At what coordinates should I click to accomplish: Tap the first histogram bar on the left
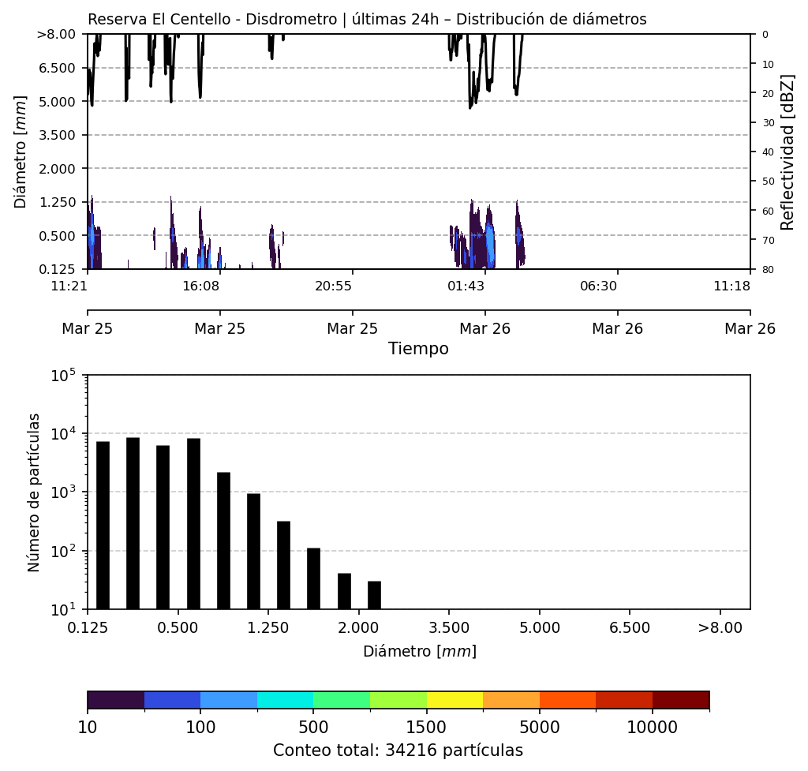click(103, 525)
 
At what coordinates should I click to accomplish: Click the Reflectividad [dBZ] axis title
click(787, 152)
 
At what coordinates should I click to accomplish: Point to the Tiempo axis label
click(418, 349)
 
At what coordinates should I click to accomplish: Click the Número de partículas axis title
click(34, 492)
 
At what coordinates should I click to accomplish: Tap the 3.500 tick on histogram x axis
click(449, 628)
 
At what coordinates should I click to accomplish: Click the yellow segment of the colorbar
click(454, 700)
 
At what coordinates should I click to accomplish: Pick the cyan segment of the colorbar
click(285, 700)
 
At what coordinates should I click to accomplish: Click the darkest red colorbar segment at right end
click(680, 700)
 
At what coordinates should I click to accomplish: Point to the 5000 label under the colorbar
click(539, 726)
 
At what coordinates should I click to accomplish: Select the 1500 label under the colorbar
click(426, 726)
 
